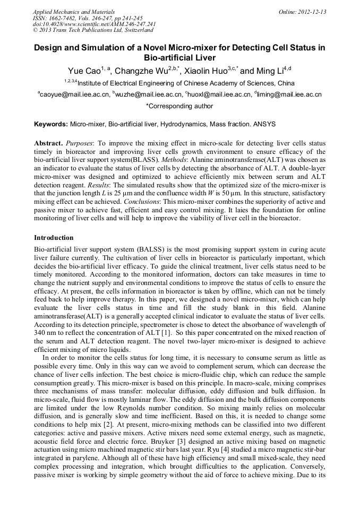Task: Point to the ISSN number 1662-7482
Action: [63, 18]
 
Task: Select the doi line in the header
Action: [94, 24]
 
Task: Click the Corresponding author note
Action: [179, 106]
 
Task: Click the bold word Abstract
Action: [48, 144]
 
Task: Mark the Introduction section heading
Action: [54, 237]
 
